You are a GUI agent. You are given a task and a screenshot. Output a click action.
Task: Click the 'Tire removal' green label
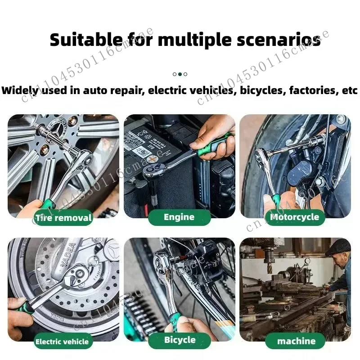[63, 219]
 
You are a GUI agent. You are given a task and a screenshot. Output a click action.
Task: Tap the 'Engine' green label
[179, 217]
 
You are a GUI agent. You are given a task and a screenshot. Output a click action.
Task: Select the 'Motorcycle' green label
[294, 217]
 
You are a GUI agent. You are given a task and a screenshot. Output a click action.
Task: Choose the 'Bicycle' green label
[180, 340]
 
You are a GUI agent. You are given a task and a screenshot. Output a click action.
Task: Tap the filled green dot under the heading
[180, 74]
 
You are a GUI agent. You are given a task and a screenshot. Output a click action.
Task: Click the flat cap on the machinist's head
[337, 247]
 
